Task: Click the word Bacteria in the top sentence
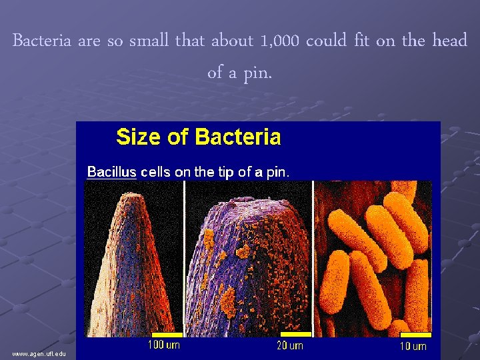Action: (42, 41)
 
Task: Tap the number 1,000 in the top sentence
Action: (277, 41)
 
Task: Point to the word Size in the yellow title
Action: (139, 137)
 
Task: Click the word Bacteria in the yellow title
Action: (237, 137)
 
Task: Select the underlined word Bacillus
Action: (111, 171)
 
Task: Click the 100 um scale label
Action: (163, 345)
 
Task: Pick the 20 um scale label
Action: (289, 345)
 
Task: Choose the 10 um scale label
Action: (413, 345)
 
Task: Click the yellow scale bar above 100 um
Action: (167, 333)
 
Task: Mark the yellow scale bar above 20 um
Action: (295, 333)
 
